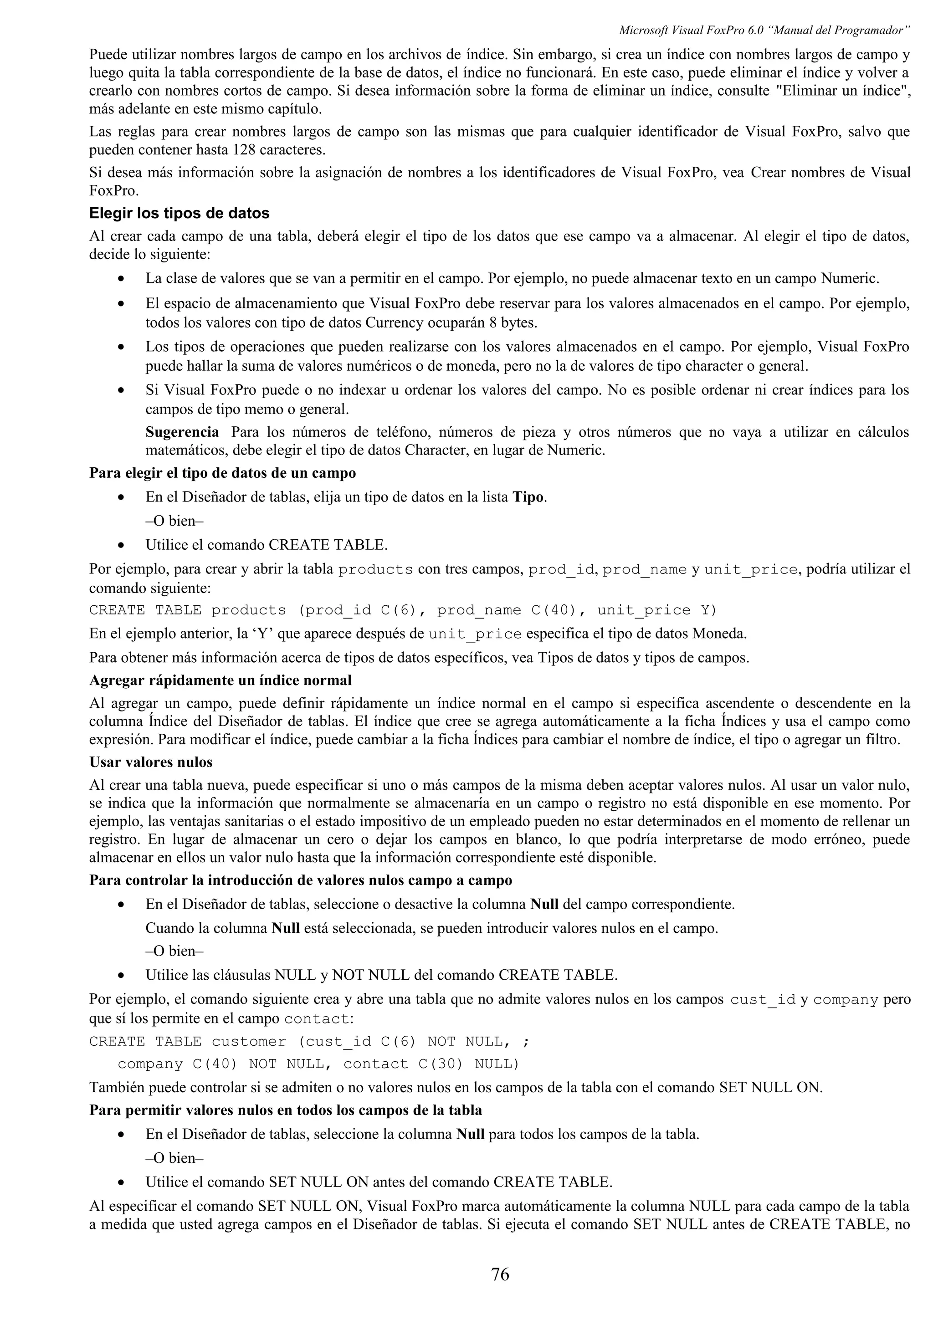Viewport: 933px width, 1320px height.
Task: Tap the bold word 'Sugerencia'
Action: pos(182,432)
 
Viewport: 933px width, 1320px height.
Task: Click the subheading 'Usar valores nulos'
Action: pos(151,762)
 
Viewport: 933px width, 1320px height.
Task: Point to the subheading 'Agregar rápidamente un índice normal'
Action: pos(220,680)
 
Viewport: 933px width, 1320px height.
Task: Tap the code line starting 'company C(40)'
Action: pos(318,1064)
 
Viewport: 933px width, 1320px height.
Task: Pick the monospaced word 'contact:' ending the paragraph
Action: pos(319,1019)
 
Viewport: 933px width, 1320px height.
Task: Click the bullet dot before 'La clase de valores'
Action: pos(121,279)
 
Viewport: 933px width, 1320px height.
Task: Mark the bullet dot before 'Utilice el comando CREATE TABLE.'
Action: pos(121,545)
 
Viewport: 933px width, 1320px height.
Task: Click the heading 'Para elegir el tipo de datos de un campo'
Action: pos(222,473)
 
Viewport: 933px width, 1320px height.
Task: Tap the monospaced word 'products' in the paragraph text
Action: pos(375,570)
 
